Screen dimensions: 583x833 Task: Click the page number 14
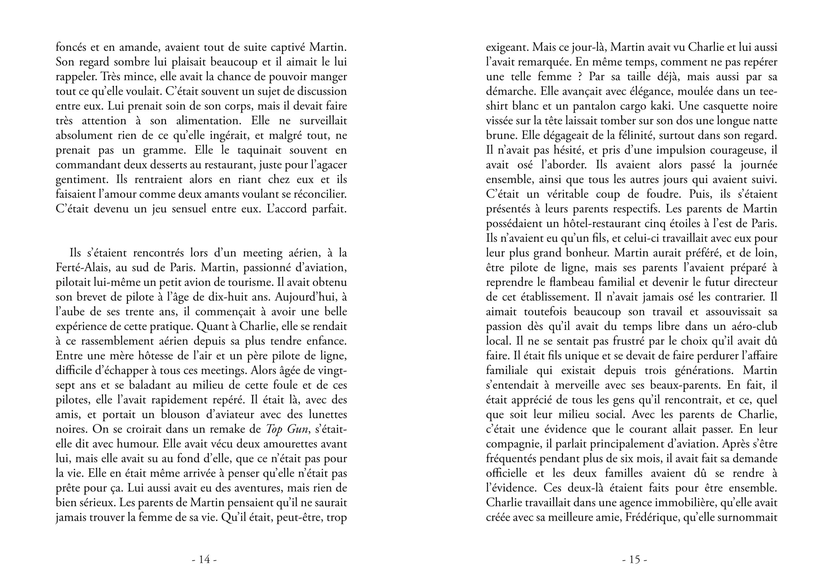pyautogui.click(x=204, y=560)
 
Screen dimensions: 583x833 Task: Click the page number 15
pyautogui.click(x=635, y=560)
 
